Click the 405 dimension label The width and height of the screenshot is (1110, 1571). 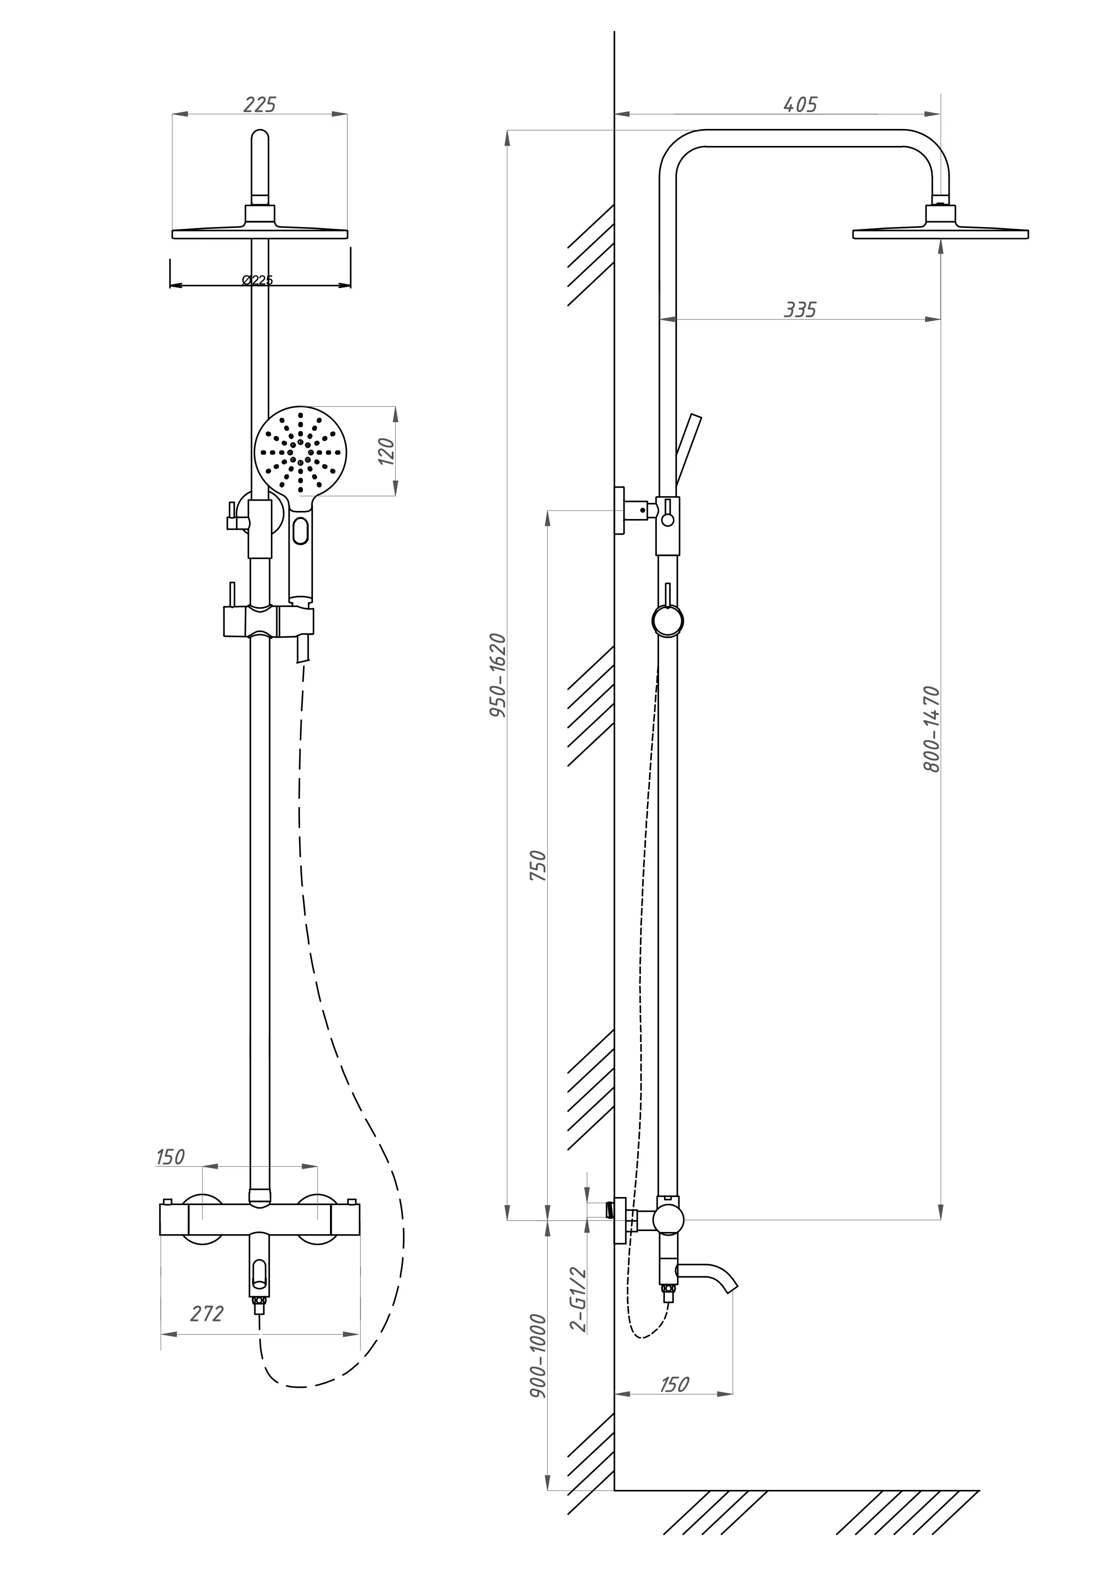[x=800, y=105]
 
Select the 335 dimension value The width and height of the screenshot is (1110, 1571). [x=800, y=310]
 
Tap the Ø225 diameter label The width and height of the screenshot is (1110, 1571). [x=258, y=280]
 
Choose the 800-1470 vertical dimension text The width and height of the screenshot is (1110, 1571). [x=931, y=730]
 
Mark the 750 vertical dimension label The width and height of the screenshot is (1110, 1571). [x=539, y=865]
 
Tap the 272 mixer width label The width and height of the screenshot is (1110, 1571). [x=206, y=1314]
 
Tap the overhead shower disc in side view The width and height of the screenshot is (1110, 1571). [x=940, y=232]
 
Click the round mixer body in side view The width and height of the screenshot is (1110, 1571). [x=668, y=1220]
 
